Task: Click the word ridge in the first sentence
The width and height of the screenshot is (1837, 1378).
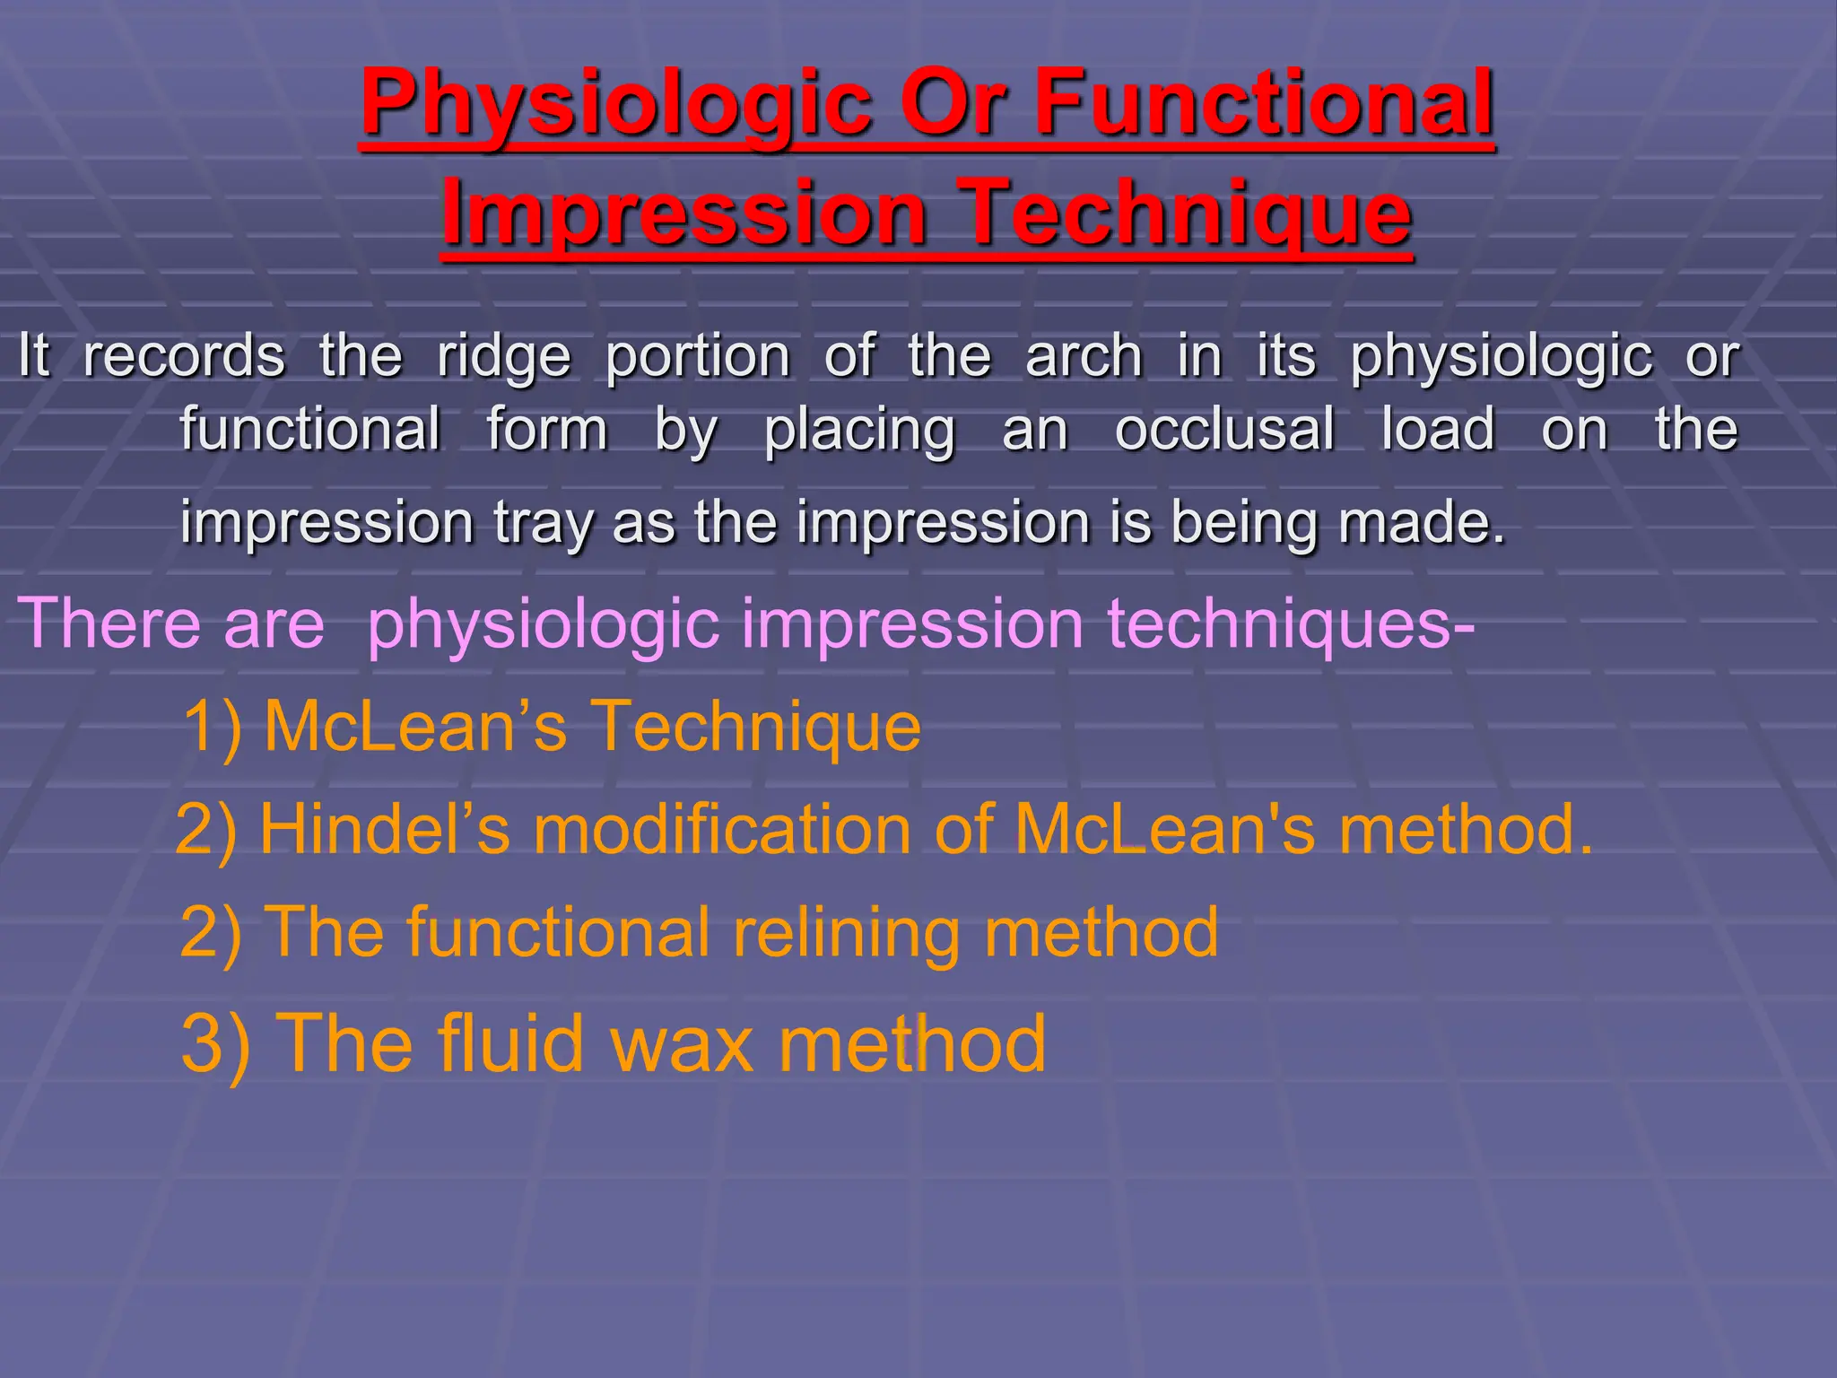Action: [x=504, y=358]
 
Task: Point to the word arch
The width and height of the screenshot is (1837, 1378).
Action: [x=1084, y=356]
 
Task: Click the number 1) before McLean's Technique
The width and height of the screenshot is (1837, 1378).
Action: [x=213, y=726]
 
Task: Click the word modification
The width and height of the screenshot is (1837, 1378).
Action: [x=723, y=829]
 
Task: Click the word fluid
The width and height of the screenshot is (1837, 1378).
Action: [x=510, y=1043]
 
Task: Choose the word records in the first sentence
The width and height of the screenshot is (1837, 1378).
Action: [x=184, y=356]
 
